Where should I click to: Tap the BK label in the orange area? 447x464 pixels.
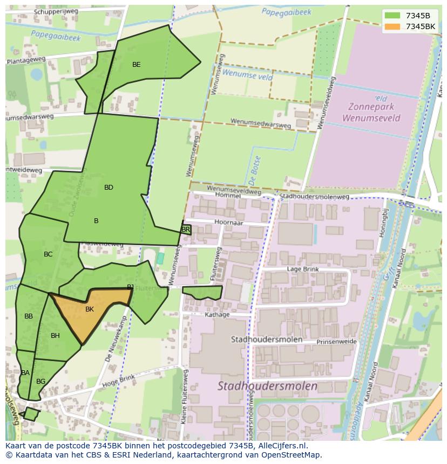point(90,309)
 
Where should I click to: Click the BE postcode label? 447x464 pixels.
point(137,65)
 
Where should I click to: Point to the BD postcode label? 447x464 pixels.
point(109,188)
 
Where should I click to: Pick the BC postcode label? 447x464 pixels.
point(48,254)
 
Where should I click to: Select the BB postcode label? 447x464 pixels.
point(29,316)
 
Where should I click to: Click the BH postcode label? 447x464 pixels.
point(55,336)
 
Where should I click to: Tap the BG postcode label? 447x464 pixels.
point(40,382)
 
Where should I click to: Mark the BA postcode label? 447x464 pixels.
point(25,373)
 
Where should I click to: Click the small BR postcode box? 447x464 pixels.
point(186,230)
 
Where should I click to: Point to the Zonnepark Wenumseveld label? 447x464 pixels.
point(371,112)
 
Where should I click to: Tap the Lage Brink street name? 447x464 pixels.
point(302,269)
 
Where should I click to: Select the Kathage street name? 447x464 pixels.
point(218,315)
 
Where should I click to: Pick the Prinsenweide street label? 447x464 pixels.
point(336,342)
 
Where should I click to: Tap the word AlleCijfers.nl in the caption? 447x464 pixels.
point(281,446)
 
